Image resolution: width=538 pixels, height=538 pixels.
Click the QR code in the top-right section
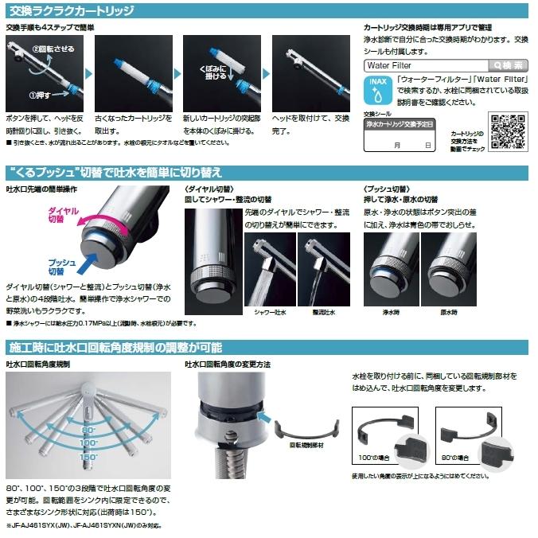[x=507, y=131]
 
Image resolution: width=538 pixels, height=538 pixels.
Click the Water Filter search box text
[x=390, y=65]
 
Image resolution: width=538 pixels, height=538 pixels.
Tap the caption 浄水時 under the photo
[x=387, y=313]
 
